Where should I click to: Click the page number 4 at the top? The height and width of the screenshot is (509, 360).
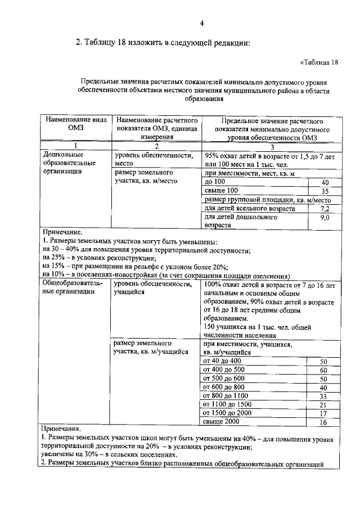201,23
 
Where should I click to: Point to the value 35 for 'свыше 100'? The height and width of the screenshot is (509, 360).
325,191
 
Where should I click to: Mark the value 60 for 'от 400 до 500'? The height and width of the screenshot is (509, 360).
323,370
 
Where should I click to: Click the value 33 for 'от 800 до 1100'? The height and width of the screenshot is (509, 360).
323,396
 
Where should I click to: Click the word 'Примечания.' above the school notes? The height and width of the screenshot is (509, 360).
61,428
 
